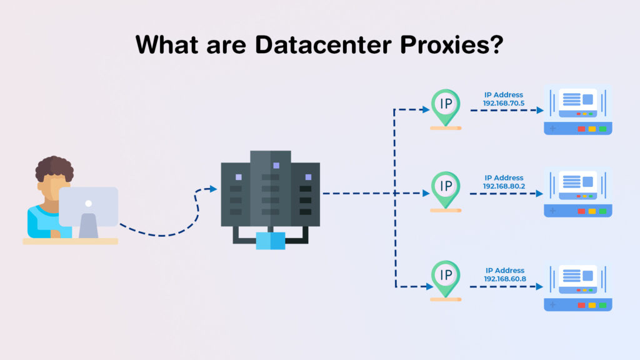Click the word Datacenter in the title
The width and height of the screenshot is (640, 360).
[x=323, y=44]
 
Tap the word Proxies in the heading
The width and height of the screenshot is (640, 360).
[x=446, y=44]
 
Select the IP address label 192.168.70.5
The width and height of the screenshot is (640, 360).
[x=504, y=103]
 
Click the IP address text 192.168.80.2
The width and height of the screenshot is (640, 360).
[x=504, y=186]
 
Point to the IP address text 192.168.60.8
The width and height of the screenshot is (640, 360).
[x=505, y=279]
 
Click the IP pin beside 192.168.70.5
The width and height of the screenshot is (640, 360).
[x=446, y=107]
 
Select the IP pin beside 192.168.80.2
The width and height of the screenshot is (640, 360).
[x=446, y=190]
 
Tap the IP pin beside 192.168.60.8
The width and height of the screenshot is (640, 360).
[x=446, y=279]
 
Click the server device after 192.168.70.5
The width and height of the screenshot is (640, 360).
[x=578, y=109]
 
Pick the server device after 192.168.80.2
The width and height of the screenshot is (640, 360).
[x=578, y=192]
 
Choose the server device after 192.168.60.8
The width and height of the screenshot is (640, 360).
[x=578, y=286]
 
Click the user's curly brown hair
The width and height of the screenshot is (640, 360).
[x=54, y=167]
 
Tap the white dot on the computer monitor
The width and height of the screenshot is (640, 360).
[x=89, y=203]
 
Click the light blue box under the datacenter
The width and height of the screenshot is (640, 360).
[x=271, y=241]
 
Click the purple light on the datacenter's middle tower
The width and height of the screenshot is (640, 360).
[x=276, y=165]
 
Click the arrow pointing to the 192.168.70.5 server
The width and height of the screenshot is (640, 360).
[x=507, y=110]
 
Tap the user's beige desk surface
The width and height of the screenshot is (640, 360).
[x=70, y=241]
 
